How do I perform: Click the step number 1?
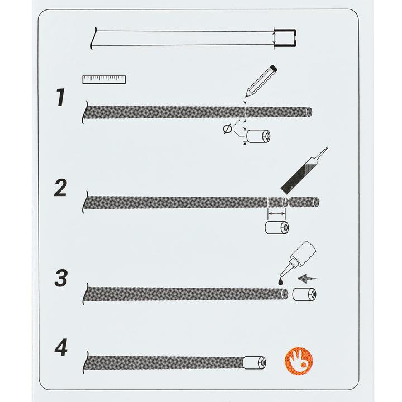[61, 97]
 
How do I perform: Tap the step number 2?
[61, 188]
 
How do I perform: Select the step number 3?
[61, 277]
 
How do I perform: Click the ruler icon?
[104, 79]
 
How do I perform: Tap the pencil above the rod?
[261, 82]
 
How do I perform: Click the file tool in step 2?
[304, 170]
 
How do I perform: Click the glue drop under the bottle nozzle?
[281, 281]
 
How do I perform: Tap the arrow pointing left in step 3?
[308, 278]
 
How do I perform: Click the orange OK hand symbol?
[299, 361]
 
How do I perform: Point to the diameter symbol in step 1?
[227, 129]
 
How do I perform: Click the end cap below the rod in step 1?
[258, 136]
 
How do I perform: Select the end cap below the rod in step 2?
[276, 227]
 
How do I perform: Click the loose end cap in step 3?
[304, 294]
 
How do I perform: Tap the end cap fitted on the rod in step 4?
[254, 363]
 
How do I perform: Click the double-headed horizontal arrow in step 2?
[276, 213]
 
